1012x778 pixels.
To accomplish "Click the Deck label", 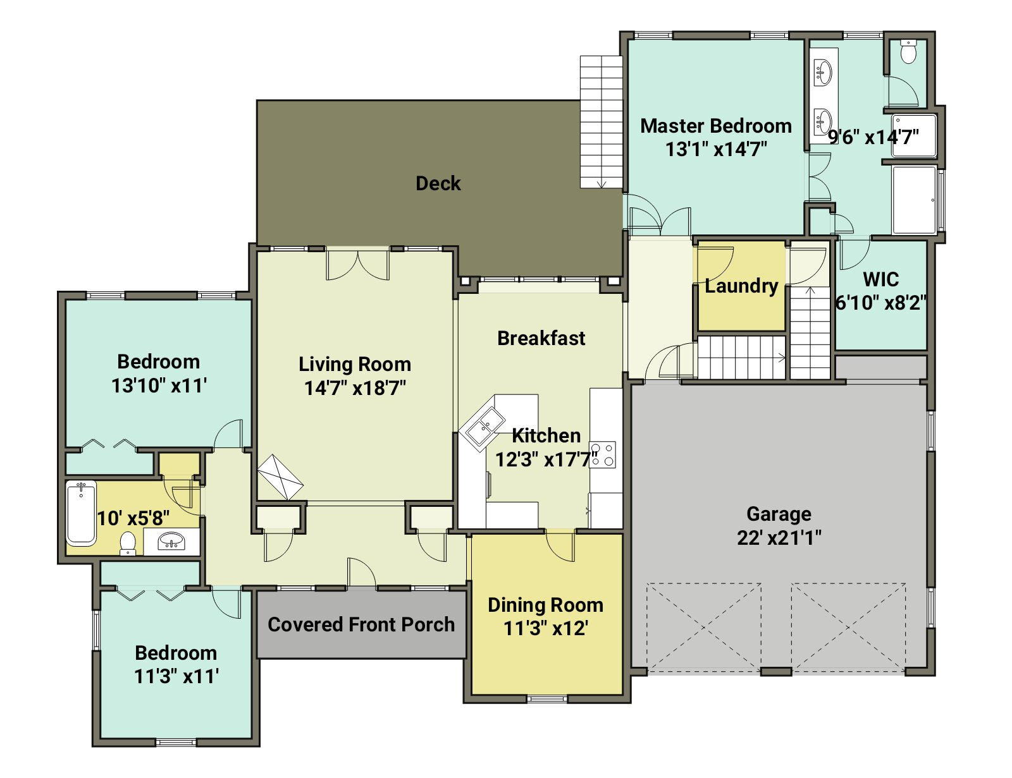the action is coord(438,183).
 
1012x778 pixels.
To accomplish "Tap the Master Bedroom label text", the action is coord(716,126).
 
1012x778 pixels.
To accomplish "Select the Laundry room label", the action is coord(741,286).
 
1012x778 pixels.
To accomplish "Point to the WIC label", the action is coord(880,279).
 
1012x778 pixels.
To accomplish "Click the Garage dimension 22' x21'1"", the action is coord(779,538).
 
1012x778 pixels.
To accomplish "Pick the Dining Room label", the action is coord(545,605).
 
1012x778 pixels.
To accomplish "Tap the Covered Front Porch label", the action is coord(361,624).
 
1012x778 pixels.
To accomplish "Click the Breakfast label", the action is coord(541,338).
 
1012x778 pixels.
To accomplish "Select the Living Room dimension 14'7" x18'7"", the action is coord(355,387).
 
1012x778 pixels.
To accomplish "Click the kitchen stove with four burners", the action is coord(603,454).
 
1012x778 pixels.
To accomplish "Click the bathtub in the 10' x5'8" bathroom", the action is coord(81,513).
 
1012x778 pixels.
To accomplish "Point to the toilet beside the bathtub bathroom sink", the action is coord(128,544).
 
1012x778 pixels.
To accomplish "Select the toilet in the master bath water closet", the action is coord(908,51).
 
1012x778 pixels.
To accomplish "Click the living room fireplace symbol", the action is coord(280,477).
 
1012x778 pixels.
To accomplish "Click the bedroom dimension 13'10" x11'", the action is coord(159,386).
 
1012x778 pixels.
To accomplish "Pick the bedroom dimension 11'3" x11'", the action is coord(176,676).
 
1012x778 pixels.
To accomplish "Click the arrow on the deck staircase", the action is coord(602,185).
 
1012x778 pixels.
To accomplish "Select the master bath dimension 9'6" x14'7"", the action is coord(873,137).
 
